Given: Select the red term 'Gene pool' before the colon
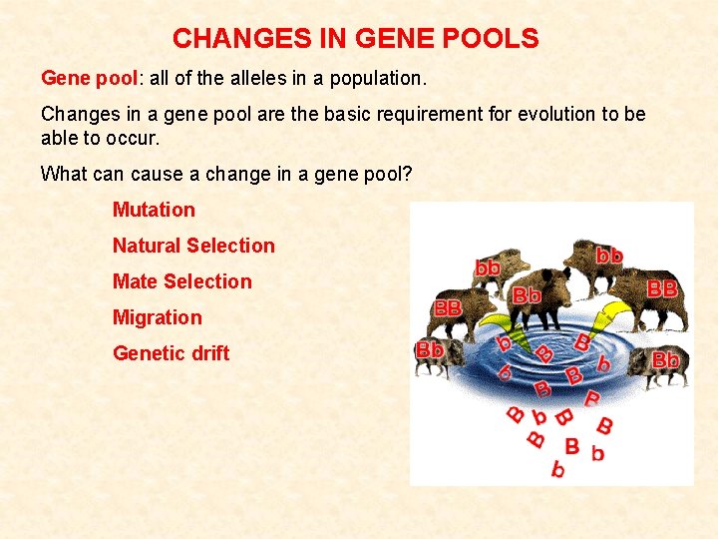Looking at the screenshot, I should click(x=82, y=78).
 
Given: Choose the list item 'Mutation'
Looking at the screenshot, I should click(x=154, y=210).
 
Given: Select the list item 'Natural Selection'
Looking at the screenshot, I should click(x=193, y=246).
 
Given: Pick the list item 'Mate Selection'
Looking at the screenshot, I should click(x=182, y=281).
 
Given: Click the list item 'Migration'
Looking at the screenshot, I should click(x=157, y=317).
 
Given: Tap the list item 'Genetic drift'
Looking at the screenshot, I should click(x=171, y=353).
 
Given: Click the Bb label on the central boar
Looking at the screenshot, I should click(x=527, y=295).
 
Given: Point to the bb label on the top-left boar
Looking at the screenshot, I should click(x=488, y=268).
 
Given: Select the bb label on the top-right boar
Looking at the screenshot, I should click(x=609, y=256).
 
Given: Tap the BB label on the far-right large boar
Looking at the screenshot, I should click(x=662, y=287).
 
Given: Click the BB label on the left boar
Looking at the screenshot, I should click(x=448, y=308).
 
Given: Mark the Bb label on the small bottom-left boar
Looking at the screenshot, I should click(x=430, y=350).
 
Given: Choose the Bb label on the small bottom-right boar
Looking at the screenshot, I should click(x=665, y=358).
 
